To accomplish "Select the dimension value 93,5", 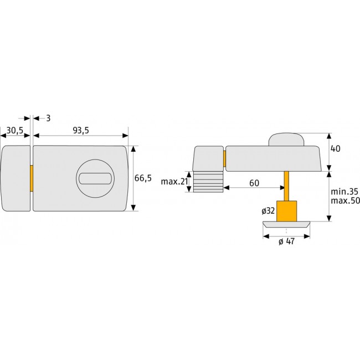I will (81, 131).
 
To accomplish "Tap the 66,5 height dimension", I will (143, 178).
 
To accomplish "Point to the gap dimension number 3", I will (48, 118).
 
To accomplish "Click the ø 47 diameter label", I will (286, 241).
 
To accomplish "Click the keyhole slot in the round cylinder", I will (95, 178).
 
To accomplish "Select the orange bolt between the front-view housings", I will (32, 178).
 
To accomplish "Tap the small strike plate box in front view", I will (16, 178).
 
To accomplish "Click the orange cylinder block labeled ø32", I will (286, 210).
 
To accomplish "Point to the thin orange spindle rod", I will (286, 186).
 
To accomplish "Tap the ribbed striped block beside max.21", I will (208, 182).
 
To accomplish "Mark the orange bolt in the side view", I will (224, 158).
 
